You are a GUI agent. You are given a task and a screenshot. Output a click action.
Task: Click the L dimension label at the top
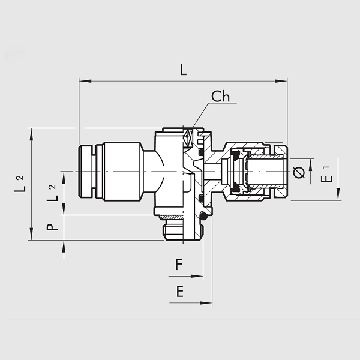183,70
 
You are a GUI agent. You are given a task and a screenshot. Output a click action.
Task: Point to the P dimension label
52,227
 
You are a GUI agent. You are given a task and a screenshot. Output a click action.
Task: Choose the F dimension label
178,264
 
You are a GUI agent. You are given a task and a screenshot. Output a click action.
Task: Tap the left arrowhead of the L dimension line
83,80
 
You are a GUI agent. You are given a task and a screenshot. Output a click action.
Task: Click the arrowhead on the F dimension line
197,277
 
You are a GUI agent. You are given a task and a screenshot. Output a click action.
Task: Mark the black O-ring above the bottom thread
203,217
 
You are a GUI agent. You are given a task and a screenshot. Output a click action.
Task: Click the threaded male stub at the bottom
179,231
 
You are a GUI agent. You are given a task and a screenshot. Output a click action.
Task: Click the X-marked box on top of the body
188,137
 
